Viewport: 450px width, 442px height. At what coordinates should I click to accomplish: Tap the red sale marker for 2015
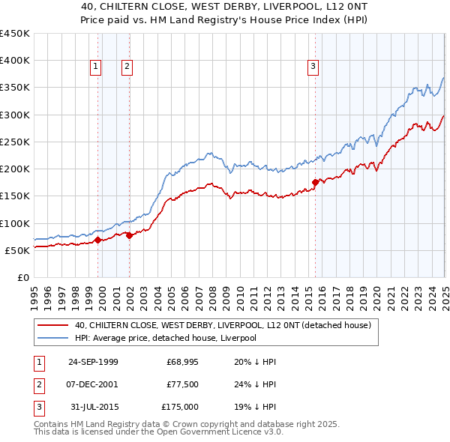pos(315,182)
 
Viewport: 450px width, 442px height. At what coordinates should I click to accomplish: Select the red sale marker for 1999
pos(98,240)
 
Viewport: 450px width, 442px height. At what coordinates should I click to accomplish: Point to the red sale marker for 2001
pos(129,235)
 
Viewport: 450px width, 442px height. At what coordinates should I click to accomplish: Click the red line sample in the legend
pos(52,325)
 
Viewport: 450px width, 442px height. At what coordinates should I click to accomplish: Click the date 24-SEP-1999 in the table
pos(93,362)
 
